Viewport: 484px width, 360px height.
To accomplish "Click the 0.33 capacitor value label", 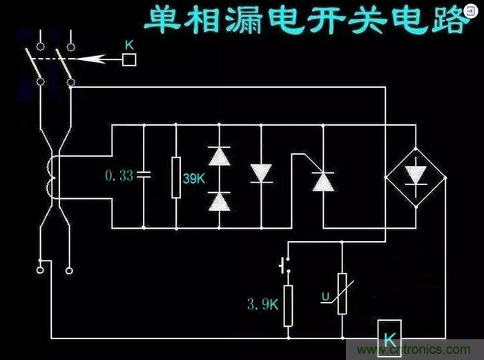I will (x=119, y=176).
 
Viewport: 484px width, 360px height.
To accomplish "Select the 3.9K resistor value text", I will (x=262, y=303).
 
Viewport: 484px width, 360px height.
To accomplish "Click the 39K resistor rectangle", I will (x=176, y=177).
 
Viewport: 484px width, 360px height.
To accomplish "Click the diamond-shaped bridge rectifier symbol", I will (x=415, y=176).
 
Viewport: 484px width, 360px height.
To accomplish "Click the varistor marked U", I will (x=342, y=294).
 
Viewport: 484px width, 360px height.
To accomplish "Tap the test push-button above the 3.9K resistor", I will (x=284, y=265).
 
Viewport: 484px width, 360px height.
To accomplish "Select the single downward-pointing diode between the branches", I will (x=261, y=173).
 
